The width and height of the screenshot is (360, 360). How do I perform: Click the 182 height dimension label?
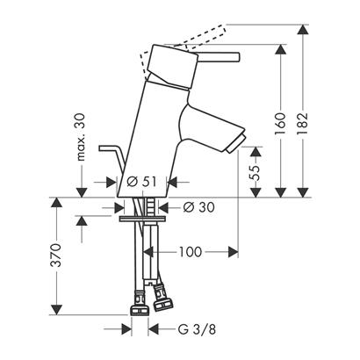click(304, 123)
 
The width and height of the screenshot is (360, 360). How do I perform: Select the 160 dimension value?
click(280, 123)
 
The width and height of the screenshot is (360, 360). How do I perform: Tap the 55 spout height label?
click(255, 172)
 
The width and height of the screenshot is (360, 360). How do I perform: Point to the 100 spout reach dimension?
click(191, 252)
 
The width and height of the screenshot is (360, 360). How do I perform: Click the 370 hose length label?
click(55, 255)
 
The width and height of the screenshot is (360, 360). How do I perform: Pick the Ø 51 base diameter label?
click(141, 182)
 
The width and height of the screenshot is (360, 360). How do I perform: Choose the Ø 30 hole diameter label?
click(199, 207)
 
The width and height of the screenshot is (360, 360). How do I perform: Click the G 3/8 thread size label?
click(197, 329)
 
